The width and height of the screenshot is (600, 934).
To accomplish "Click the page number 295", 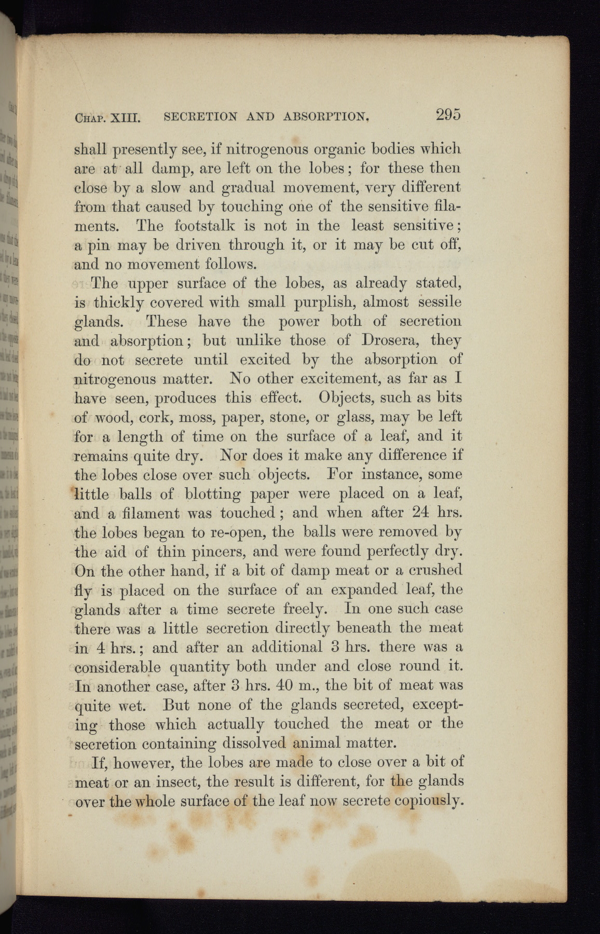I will pos(448,114).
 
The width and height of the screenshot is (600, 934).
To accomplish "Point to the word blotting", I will pos(213,494).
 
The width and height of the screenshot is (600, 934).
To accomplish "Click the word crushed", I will pos(433,570).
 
